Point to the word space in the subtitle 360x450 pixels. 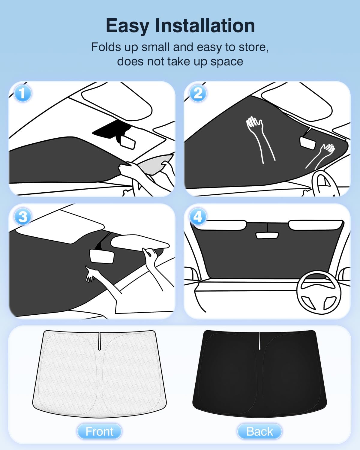point(227,62)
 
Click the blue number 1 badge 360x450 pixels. point(23,93)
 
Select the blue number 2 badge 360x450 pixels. point(198,93)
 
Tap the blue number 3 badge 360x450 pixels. point(23,216)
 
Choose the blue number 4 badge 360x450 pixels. point(198,216)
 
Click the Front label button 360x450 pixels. point(99,431)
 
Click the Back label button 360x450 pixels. point(259,431)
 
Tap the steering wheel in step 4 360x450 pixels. point(319,292)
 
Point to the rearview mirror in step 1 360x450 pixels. point(128,142)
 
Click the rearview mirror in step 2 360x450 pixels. point(308,143)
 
